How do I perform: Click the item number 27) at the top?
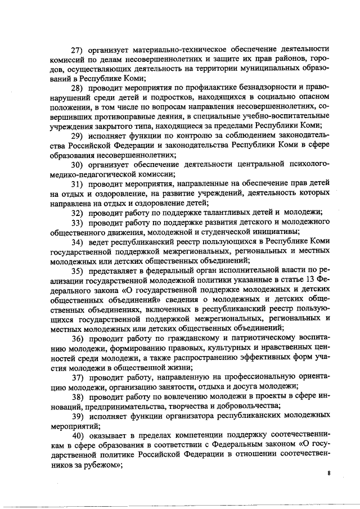tap(83, 49)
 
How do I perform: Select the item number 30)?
tap(83, 164)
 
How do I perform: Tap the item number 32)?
tap(83, 213)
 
